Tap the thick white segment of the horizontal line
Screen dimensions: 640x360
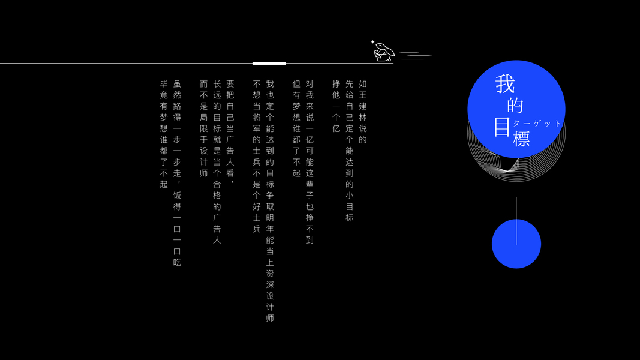(269, 63)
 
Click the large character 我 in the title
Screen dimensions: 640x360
(505, 84)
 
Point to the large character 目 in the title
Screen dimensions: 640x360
(502, 127)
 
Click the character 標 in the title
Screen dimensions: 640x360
(521, 139)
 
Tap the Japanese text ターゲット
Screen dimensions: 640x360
(537, 123)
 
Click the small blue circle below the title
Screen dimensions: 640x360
(516, 244)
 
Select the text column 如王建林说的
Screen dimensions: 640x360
(363, 112)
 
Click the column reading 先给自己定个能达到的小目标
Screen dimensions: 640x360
(350, 151)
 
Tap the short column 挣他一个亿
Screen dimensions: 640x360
(336, 106)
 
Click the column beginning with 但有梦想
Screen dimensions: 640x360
(296, 128)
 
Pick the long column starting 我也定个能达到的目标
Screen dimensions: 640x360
(270, 200)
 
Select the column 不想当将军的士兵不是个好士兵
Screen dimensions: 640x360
(257, 156)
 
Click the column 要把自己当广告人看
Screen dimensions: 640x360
(230, 134)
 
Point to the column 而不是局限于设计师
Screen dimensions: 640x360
(204, 128)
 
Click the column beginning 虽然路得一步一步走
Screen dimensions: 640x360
(177, 173)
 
